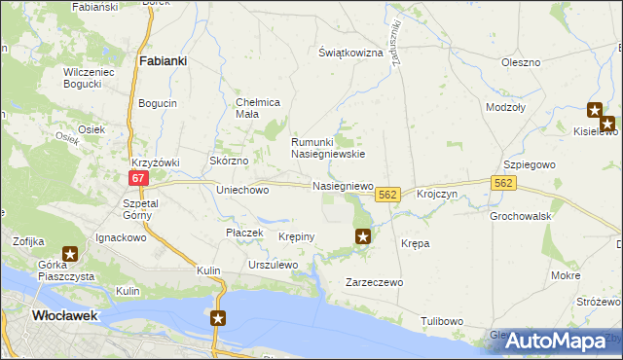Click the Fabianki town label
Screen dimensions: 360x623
163,60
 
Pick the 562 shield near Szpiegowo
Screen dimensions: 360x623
502,182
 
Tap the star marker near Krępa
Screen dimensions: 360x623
363,235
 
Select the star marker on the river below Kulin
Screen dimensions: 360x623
219,318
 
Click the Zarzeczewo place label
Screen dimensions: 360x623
375,282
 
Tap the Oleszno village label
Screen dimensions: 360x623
520,62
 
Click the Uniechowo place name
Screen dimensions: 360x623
242,191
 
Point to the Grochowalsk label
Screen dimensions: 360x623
521,215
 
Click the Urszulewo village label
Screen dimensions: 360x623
273,265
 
